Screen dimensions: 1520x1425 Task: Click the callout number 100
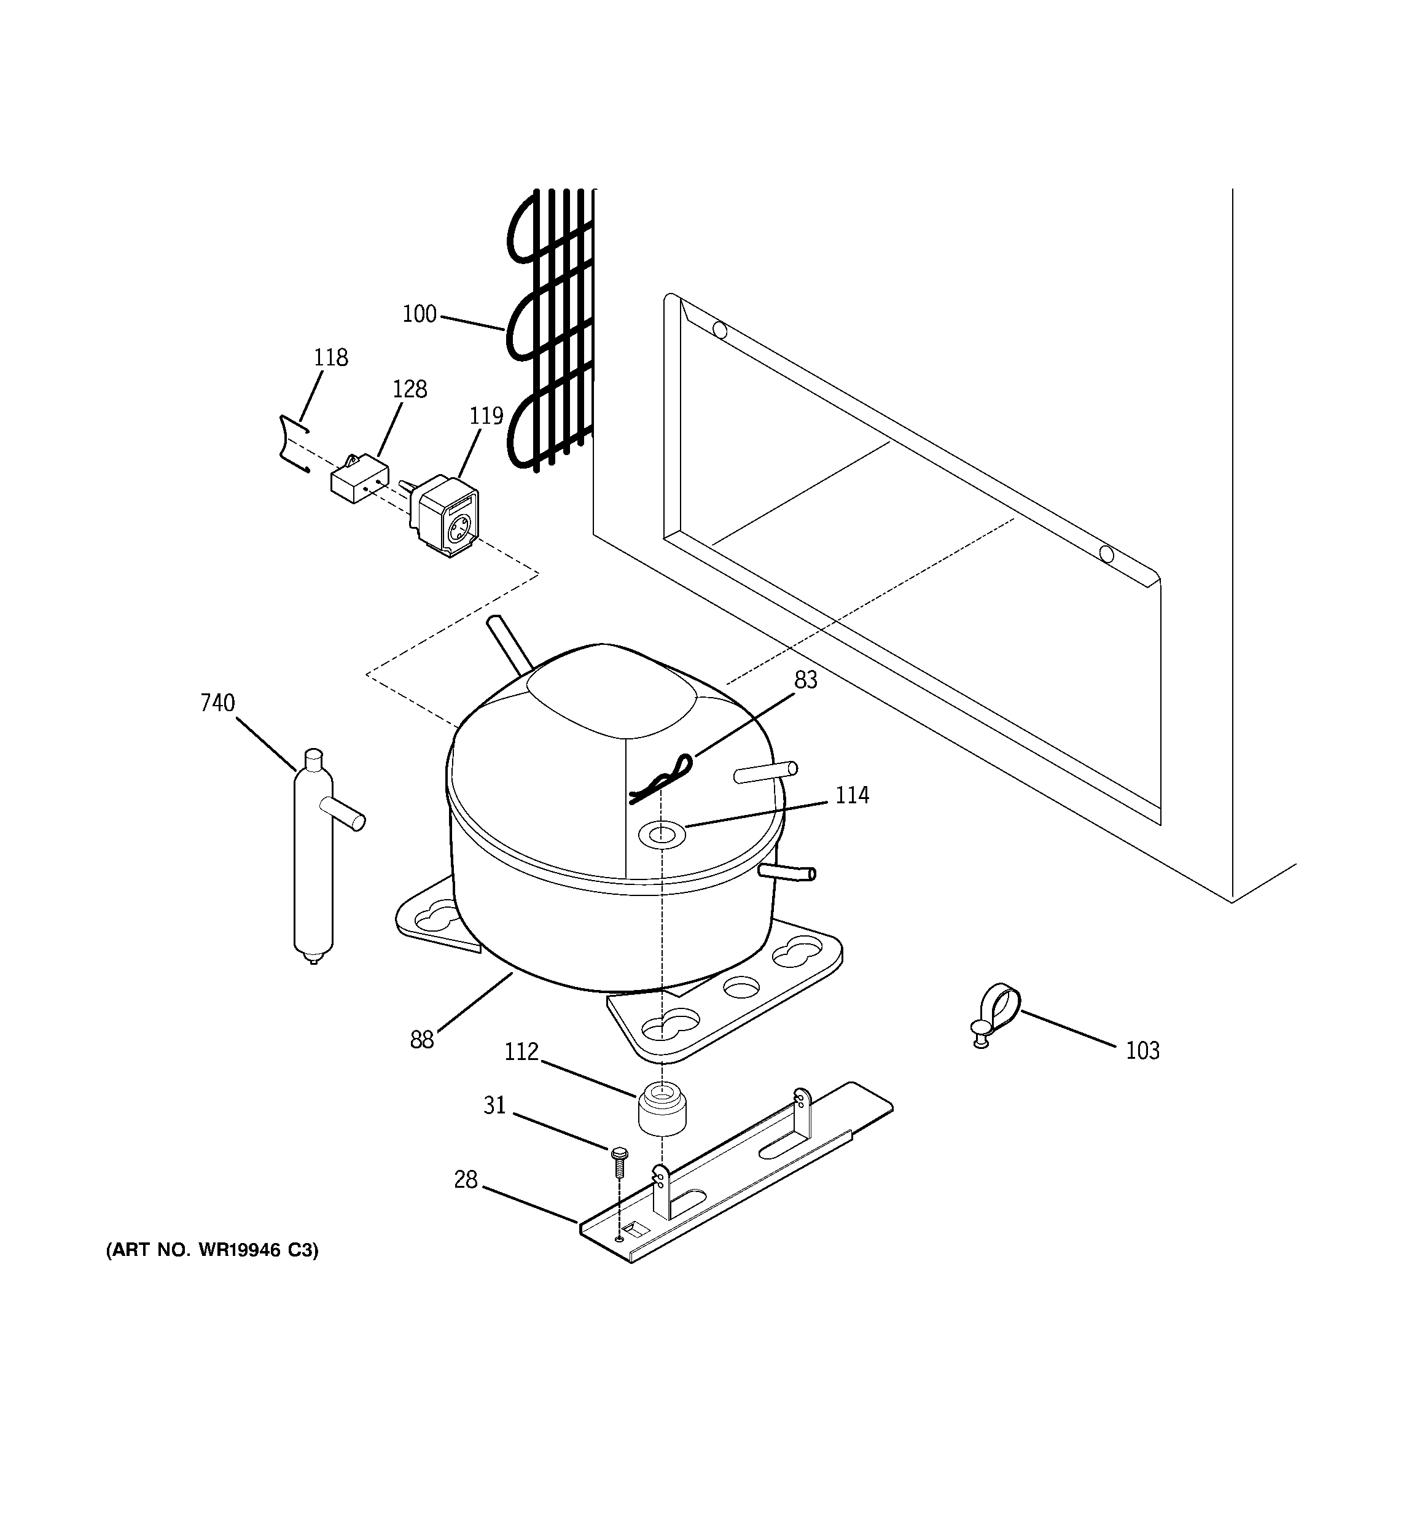click(419, 314)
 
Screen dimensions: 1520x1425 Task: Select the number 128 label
click(409, 389)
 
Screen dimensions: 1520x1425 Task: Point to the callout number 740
click(217, 703)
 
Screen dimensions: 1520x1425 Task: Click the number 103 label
click(1142, 1051)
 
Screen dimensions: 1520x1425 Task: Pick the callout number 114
click(851, 795)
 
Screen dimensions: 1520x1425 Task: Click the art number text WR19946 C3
click(212, 1250)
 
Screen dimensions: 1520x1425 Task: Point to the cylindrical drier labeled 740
click(314, 856)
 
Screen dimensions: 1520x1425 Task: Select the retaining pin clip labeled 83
click(662, 778)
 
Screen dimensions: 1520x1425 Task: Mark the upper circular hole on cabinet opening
click(719, 330)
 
